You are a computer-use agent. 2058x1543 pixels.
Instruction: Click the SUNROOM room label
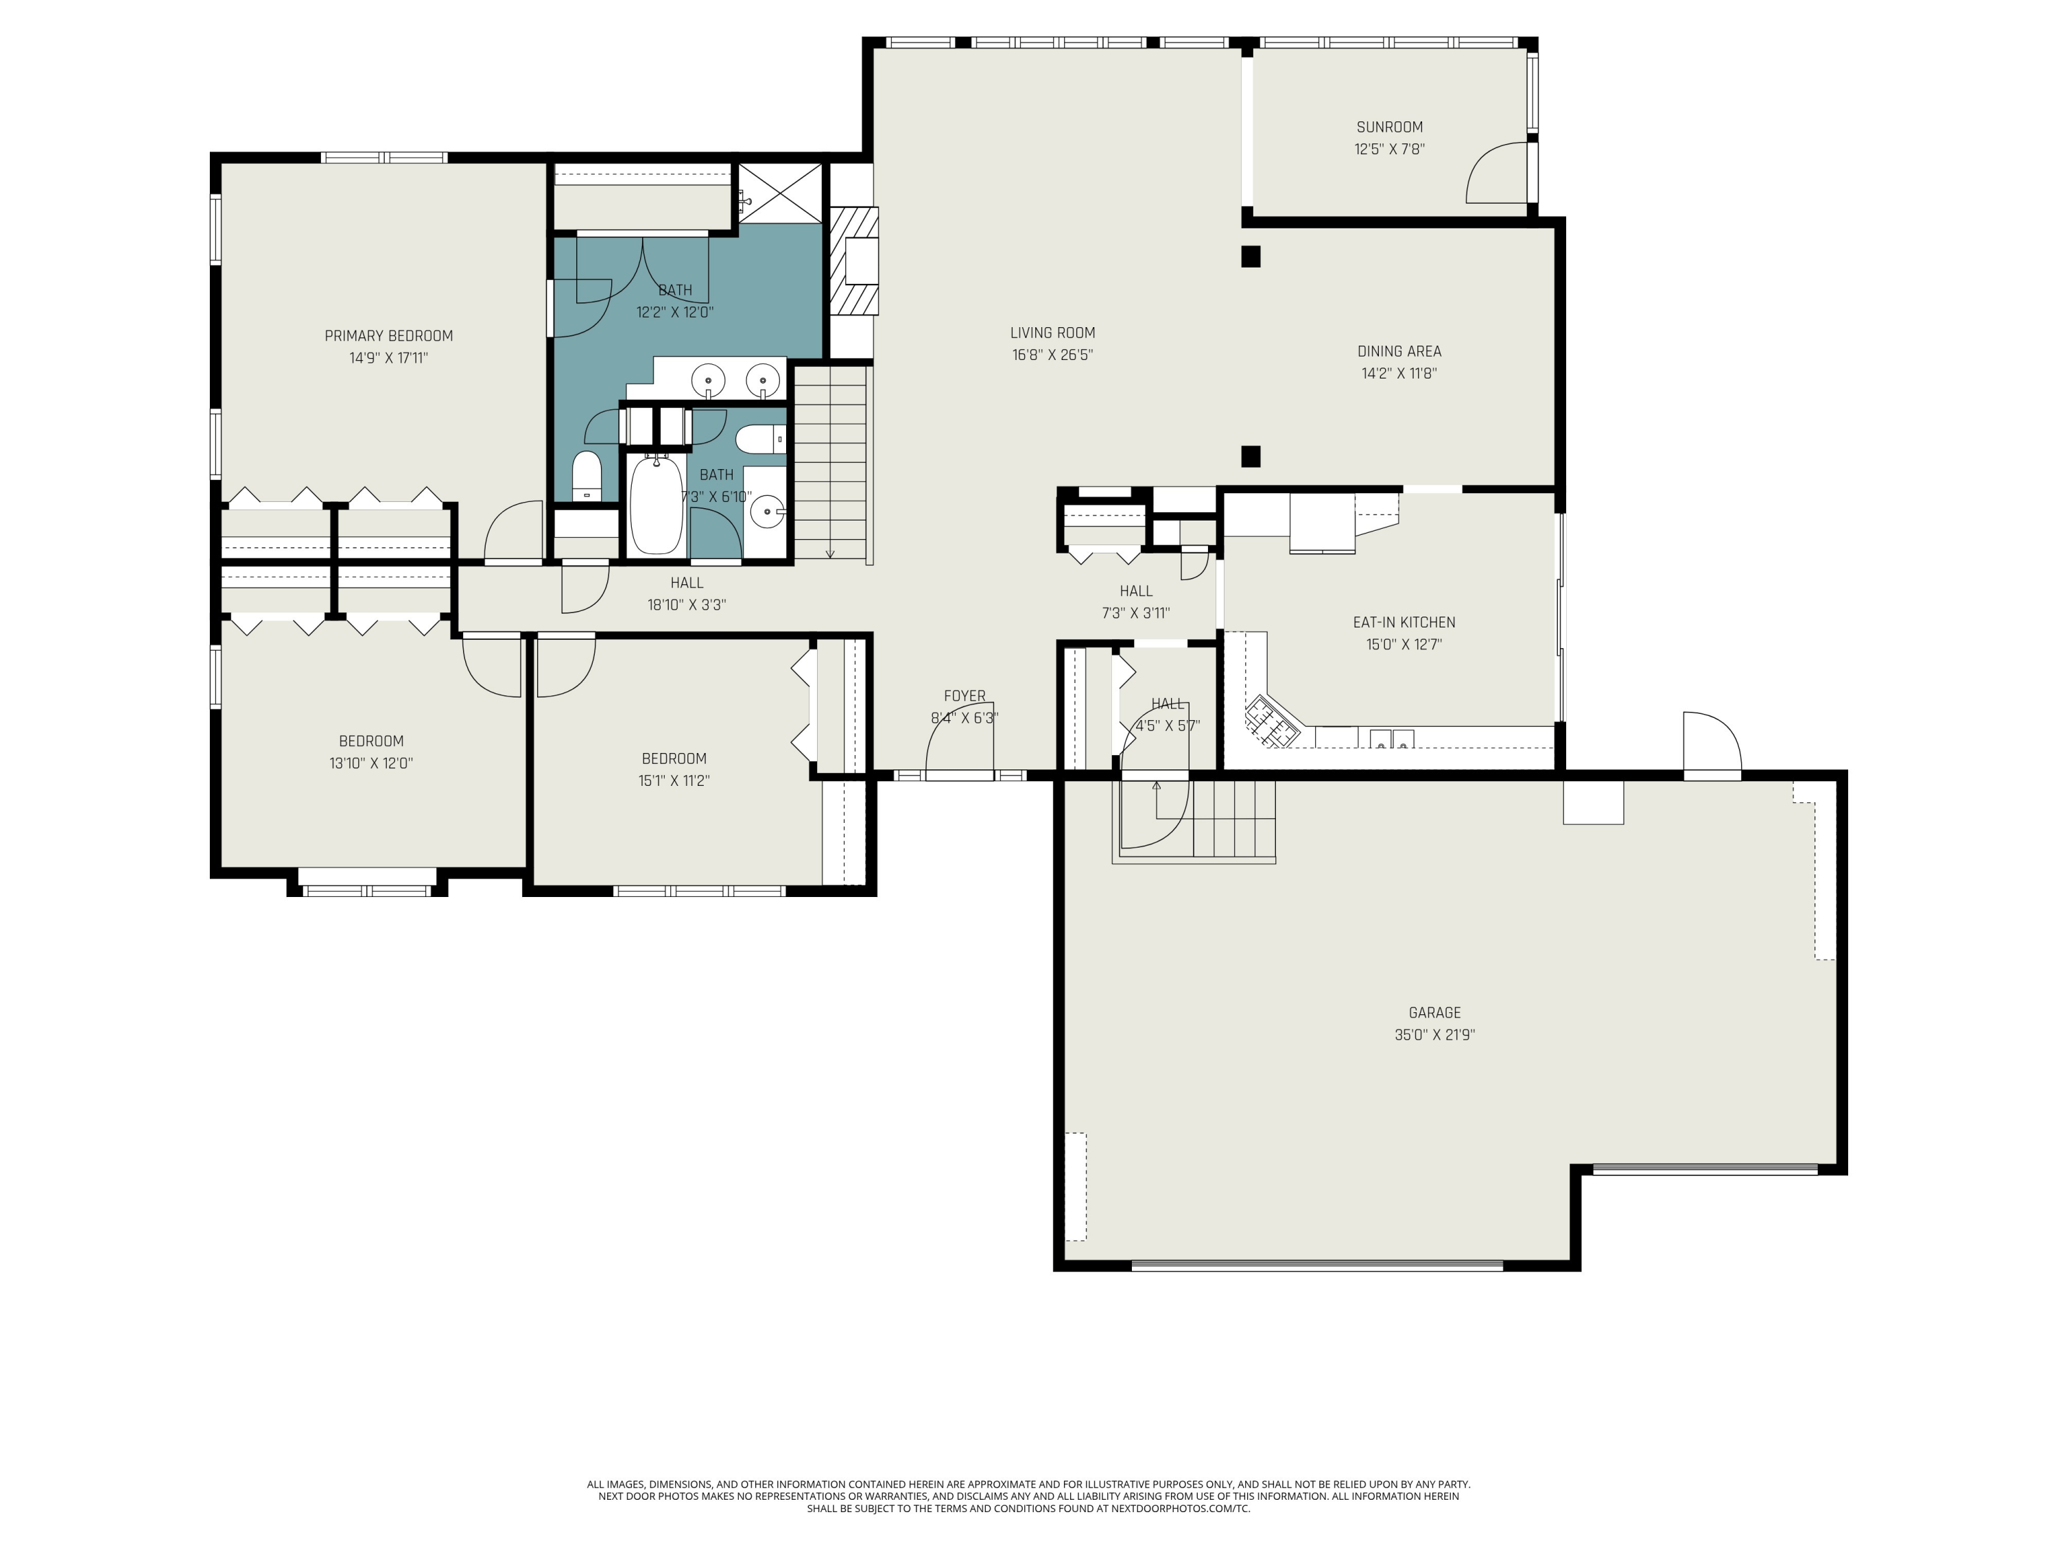point(1389,128)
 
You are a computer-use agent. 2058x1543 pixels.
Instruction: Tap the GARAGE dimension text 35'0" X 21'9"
point(1434,1034)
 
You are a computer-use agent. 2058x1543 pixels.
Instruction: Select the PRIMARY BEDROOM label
point(388,336)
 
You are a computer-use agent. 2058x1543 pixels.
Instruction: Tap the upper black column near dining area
point(1251,256)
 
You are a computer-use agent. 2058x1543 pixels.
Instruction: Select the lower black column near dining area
point(1251,456)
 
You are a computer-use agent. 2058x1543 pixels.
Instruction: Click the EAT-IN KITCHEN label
point(1403,622)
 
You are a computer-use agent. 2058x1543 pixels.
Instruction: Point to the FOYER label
point(964,695)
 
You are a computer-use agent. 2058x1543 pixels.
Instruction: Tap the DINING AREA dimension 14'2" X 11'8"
point(1398,373)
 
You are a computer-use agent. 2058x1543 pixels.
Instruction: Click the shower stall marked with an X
point(780,193)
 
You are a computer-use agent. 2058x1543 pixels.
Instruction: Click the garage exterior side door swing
point(1710,741)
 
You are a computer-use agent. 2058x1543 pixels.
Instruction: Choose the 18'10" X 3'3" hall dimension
point(687,605)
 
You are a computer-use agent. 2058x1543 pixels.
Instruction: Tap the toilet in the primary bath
point(586,476)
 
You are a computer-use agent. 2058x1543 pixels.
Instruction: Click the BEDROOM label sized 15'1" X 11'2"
point(674,759)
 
